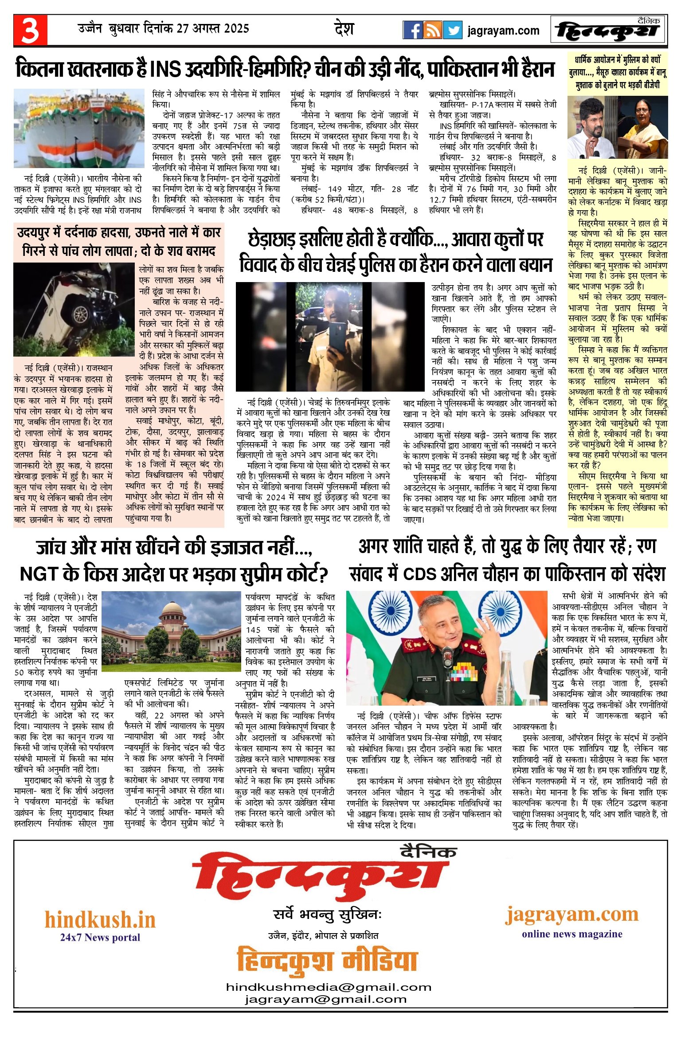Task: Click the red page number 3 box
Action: tap(30, 30)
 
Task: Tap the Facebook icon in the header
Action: tap(412, 30)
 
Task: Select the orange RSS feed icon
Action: tap(432, 30)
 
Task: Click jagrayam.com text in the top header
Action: tap(503, 31)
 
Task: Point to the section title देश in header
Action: tap(344, 29)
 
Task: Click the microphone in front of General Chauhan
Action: tap(447, 655)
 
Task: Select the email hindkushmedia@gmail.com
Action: tap(329, 987)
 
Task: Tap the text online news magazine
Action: tap(572, 934)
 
